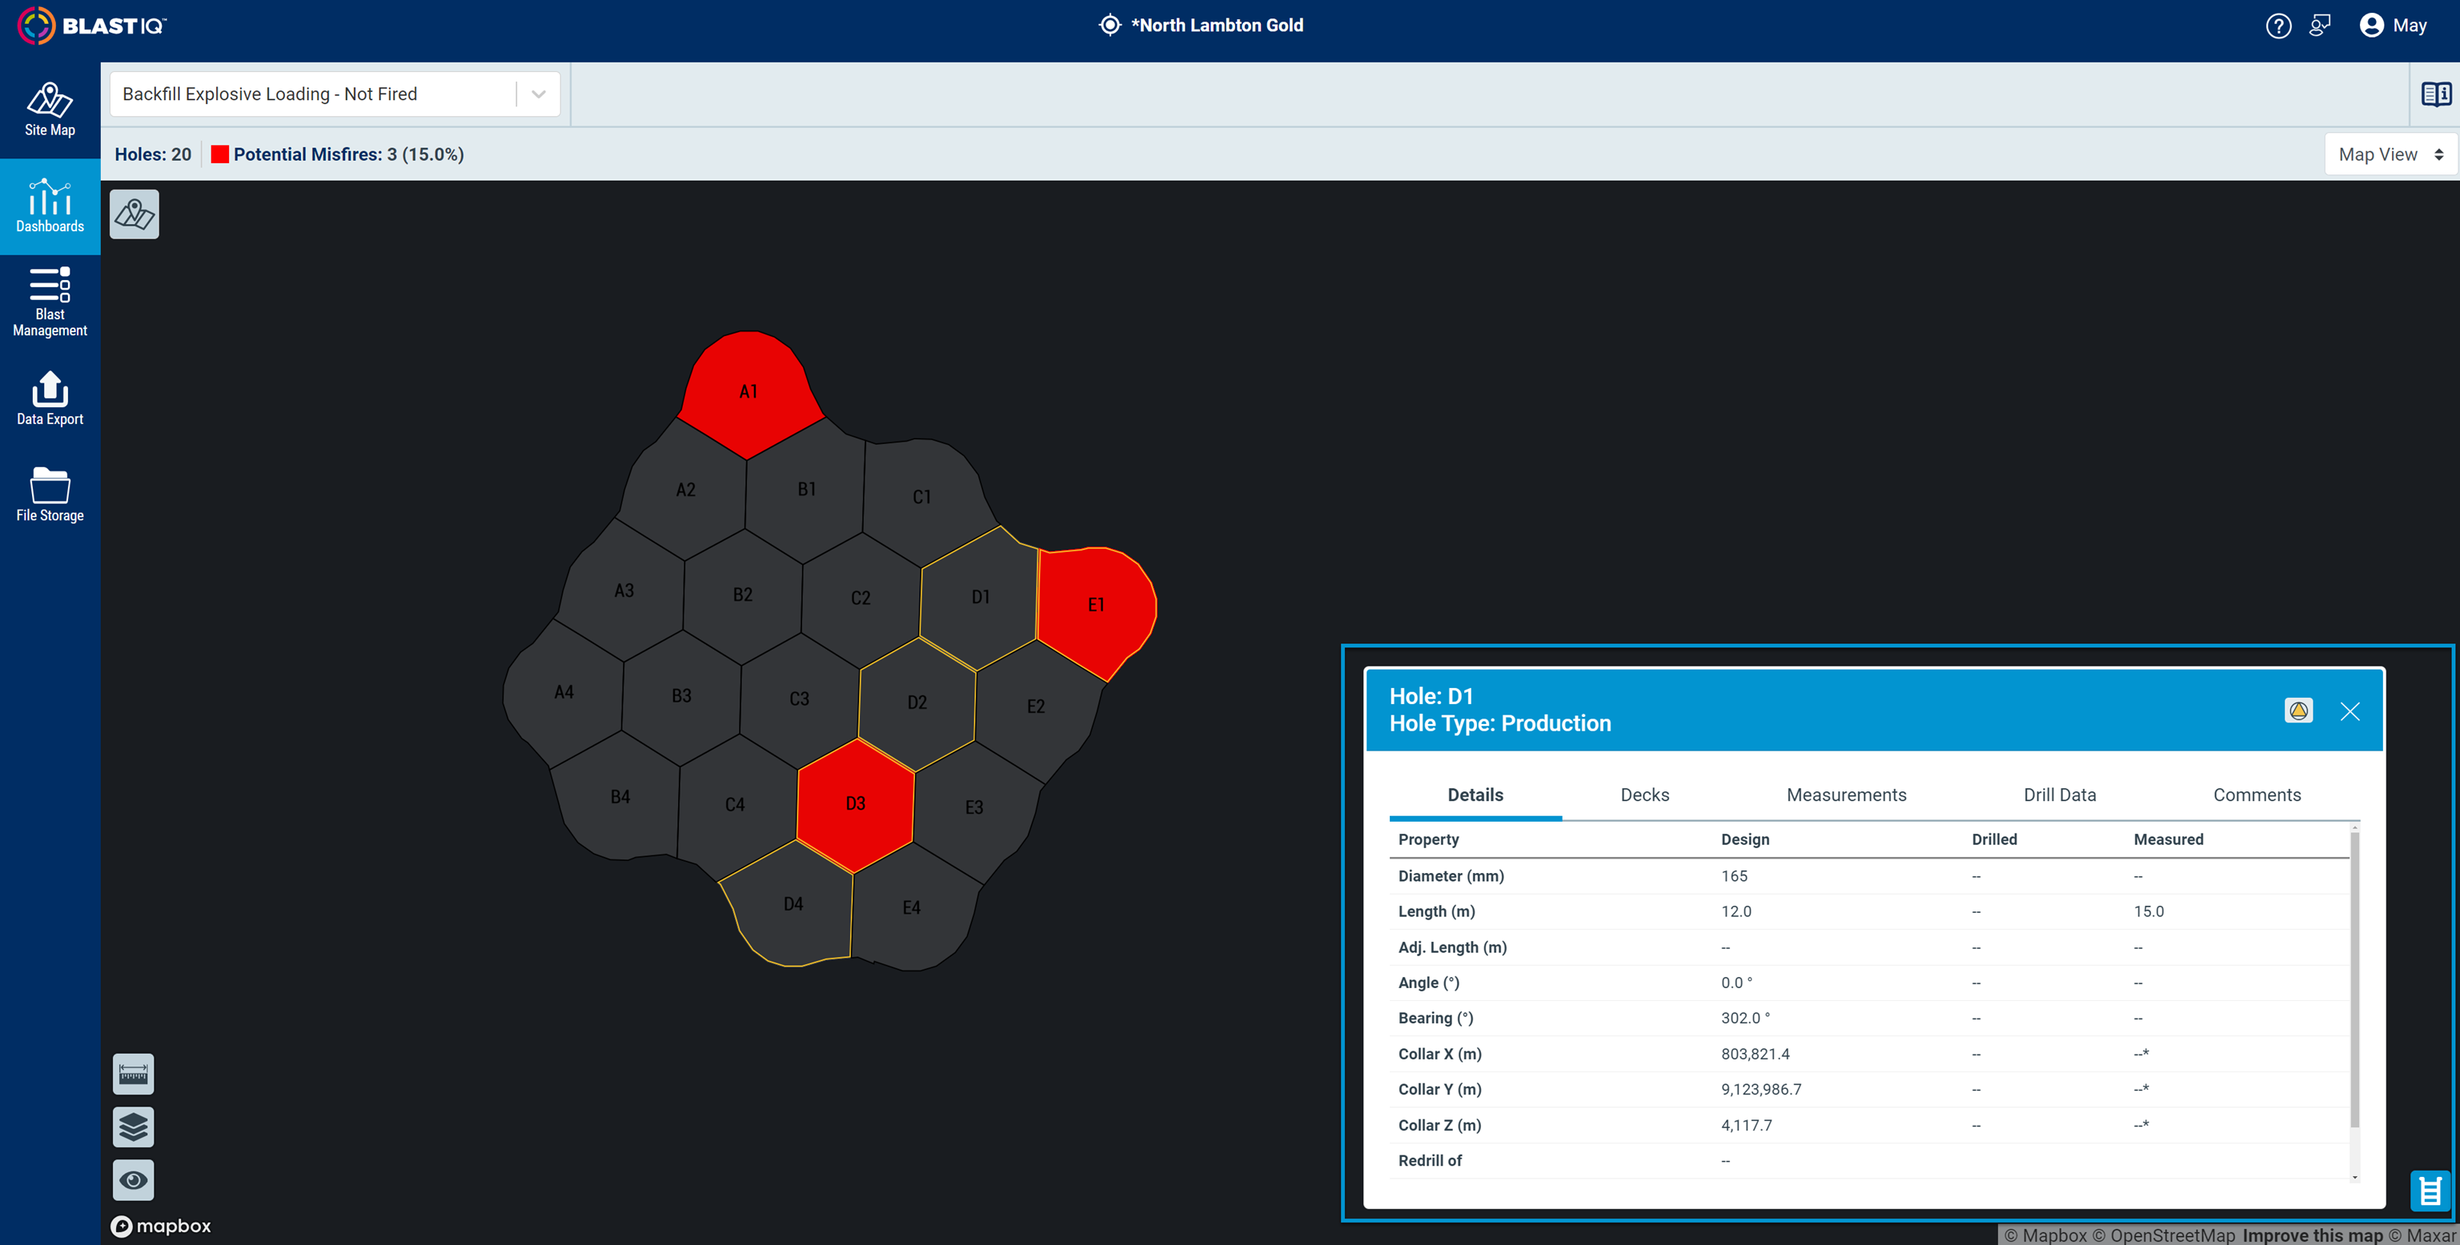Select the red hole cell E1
click(1095, 606)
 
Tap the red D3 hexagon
click(856, 804)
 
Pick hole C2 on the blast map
click(861, 598)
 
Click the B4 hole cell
click(620, 796)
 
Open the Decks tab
click(1644, 795)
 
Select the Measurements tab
click(1846, 795)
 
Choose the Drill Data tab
click(2059, 795)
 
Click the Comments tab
click(2257, 795)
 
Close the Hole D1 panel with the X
click(2350, 711)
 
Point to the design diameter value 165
click(1734, 875)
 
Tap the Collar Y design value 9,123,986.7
click(1761, 1090)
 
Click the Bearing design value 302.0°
click(1744, 1018)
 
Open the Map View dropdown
click(2390, 154)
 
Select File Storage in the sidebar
click(50, 494)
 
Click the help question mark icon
click(2278, 26)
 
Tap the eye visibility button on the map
click(134, 1180)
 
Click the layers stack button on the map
click(134, 1127)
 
